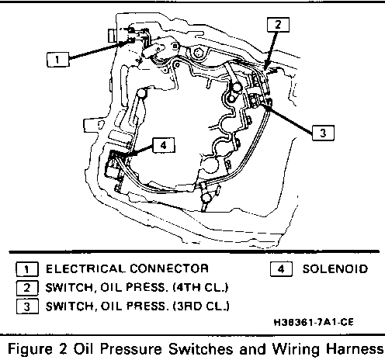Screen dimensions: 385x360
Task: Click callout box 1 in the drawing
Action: pyautogui.click(x=58, y=60)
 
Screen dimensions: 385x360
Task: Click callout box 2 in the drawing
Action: pyautogui.click(x=278, y=25)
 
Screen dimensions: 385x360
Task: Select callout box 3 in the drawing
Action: pyautogui.click(x=323, y=133)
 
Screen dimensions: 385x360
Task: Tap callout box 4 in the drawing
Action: pyautogui.click(x=164, y=145)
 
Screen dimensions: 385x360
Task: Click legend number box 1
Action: pyautogui.click(x=27, y=269)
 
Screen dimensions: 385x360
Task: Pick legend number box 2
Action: pyautogui.click(x=27, y=288)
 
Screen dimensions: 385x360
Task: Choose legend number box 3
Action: pyautogui.click(x=27, y=306)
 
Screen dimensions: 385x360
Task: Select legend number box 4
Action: pyautogui.click(x=281, y=269)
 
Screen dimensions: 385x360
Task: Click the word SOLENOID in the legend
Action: pyautogui.click(x=335, y=269)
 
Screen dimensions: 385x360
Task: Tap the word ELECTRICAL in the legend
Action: pyautogui.click(x=85, y=268)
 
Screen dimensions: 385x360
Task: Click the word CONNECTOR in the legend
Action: pyautogui.click(x=169, y=268)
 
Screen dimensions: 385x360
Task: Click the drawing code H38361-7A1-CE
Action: pyautogui.click(x=314, y=322)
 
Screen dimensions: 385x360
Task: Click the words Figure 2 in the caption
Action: pyautogui.click(x=38, y=349)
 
